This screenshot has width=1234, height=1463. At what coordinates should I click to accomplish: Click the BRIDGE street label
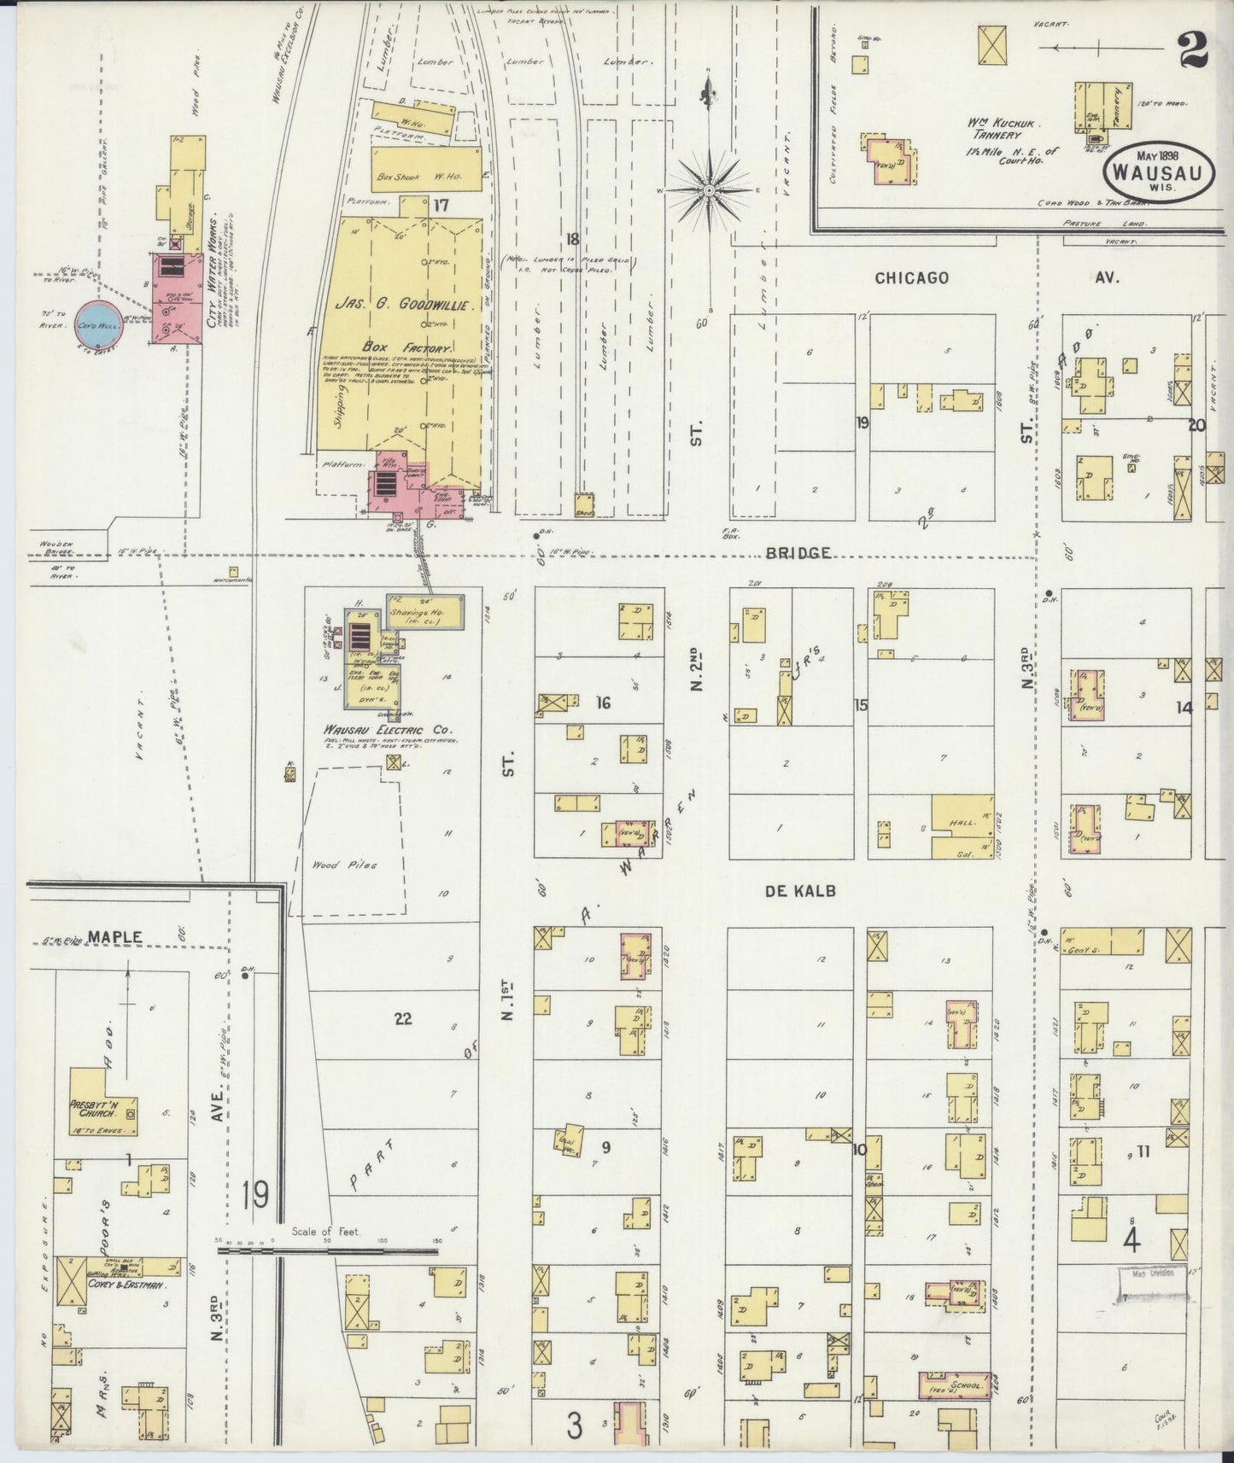click(x=798, y=553)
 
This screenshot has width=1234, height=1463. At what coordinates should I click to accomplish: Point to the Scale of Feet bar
click(x=329, y=1251)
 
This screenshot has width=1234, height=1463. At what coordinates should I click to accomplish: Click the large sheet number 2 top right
click(x=1193, y=51)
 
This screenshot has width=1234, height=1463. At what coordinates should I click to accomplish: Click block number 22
click(x=403, y=1018)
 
